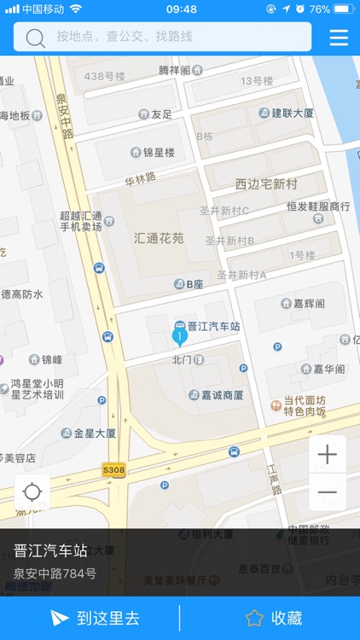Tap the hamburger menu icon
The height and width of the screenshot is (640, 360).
click(x=339, y=38)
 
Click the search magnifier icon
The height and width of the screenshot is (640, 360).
click(x=35, y=38)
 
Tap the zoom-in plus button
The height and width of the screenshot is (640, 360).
click(x=328, y=455)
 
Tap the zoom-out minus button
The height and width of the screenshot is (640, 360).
click(x=328, y=492)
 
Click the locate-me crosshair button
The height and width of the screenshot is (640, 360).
click(x=32, y=492)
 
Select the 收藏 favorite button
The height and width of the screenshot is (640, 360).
click(x=274, y=618)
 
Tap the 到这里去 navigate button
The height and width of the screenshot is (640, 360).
click(x=95, y=618)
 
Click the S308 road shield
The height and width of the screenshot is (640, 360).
click(x=113, y=469)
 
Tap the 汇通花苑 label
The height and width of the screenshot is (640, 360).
click(x=159, y=238)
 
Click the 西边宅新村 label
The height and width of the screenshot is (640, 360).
click(x=266, y=183)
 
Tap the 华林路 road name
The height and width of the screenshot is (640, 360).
click(x=141, y=179)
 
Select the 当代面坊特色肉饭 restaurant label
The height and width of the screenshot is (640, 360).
click(x=304, y=405)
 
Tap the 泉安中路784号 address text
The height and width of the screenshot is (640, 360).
click(x=55, y=573)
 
